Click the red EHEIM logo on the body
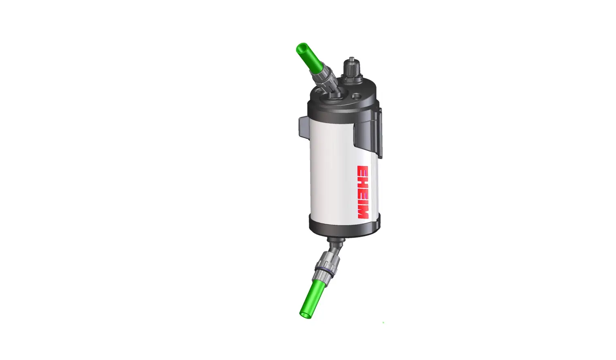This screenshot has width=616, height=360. [x=363, y=192]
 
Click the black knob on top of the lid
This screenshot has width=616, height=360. [x=351, y=67]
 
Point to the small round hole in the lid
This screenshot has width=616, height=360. [x=356, y=96]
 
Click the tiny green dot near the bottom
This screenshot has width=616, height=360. [x=383, y=322]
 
